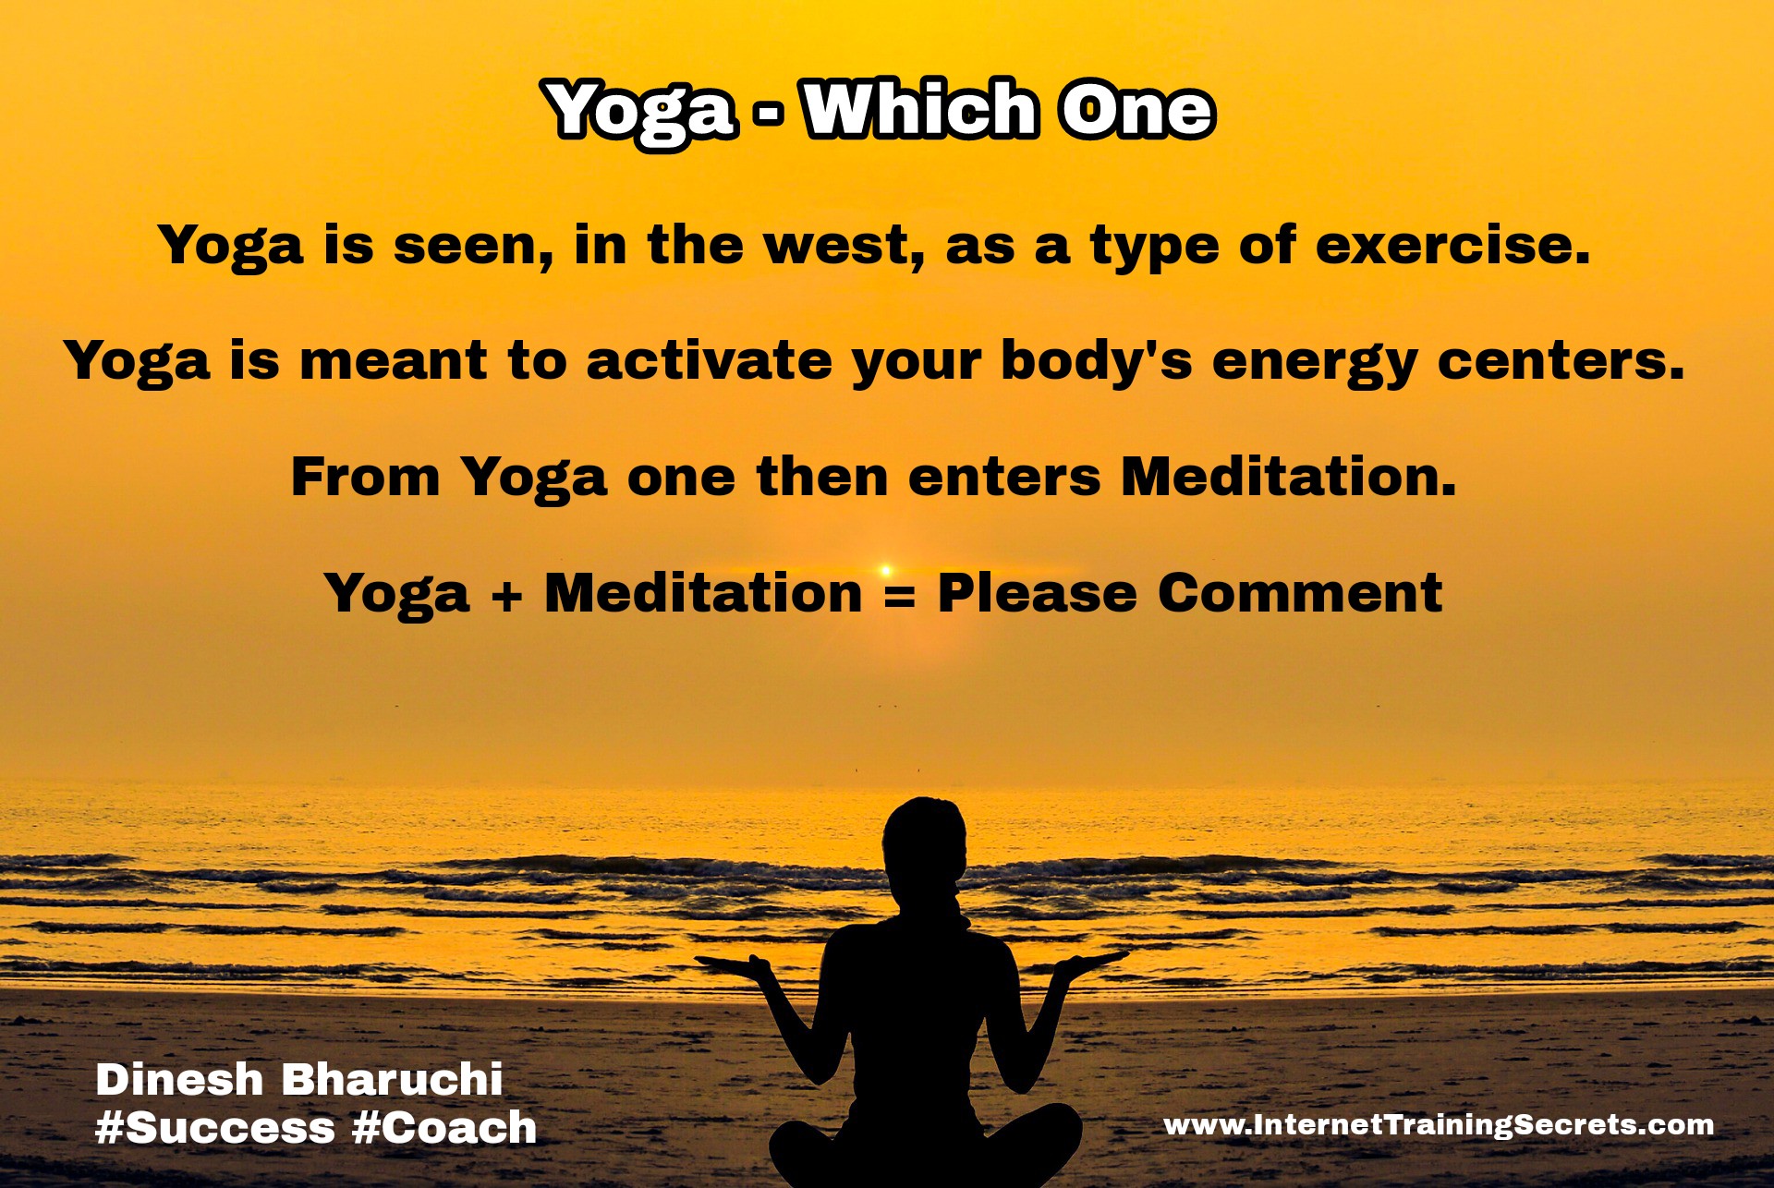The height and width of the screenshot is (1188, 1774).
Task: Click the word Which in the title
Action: (920, 109)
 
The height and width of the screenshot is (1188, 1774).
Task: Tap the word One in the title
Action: (1136, 109)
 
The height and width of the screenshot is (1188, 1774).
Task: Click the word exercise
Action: (1452, 245)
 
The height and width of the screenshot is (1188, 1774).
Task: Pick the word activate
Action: (709, 360)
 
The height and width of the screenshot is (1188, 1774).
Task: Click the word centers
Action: (1561, 360)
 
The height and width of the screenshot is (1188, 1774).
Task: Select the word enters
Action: (1004, 478)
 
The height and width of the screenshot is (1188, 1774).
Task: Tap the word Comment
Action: (1300, 592)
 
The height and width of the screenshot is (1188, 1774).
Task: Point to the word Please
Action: (1037, 592)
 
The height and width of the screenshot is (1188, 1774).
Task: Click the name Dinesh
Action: (179, 1079)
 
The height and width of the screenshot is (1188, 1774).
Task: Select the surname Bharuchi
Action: (392, 1079)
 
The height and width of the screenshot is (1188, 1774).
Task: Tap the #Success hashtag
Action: (215, 1128)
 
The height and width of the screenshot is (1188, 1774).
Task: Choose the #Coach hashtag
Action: (444, 1128)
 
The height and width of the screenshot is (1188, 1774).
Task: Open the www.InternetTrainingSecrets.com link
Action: (1439, 1124)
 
